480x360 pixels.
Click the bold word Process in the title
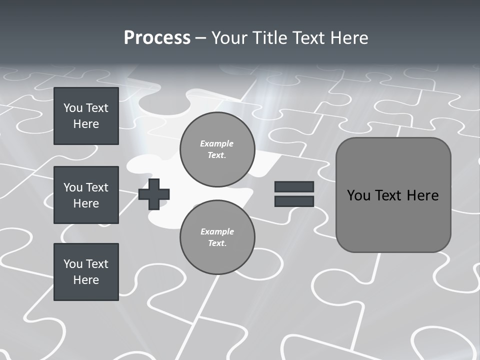(157, 38)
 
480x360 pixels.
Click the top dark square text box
(86, 116)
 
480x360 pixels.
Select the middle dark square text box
(86, 195)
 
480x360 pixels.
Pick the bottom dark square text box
(86, 272)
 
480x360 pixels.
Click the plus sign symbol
(154, 194)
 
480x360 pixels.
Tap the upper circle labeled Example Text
(217, 149)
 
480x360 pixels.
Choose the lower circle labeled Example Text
(217, 237)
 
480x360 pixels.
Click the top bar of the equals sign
(294, 186)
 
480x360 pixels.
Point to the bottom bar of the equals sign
(294, 201)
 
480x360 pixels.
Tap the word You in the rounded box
(358, 195)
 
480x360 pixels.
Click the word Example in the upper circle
(217, 143)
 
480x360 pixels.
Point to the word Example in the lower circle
(217, 231)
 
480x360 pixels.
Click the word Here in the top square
(86, 124)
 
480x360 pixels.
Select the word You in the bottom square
(73, 264)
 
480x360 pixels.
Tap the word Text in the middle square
(96, 187)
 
